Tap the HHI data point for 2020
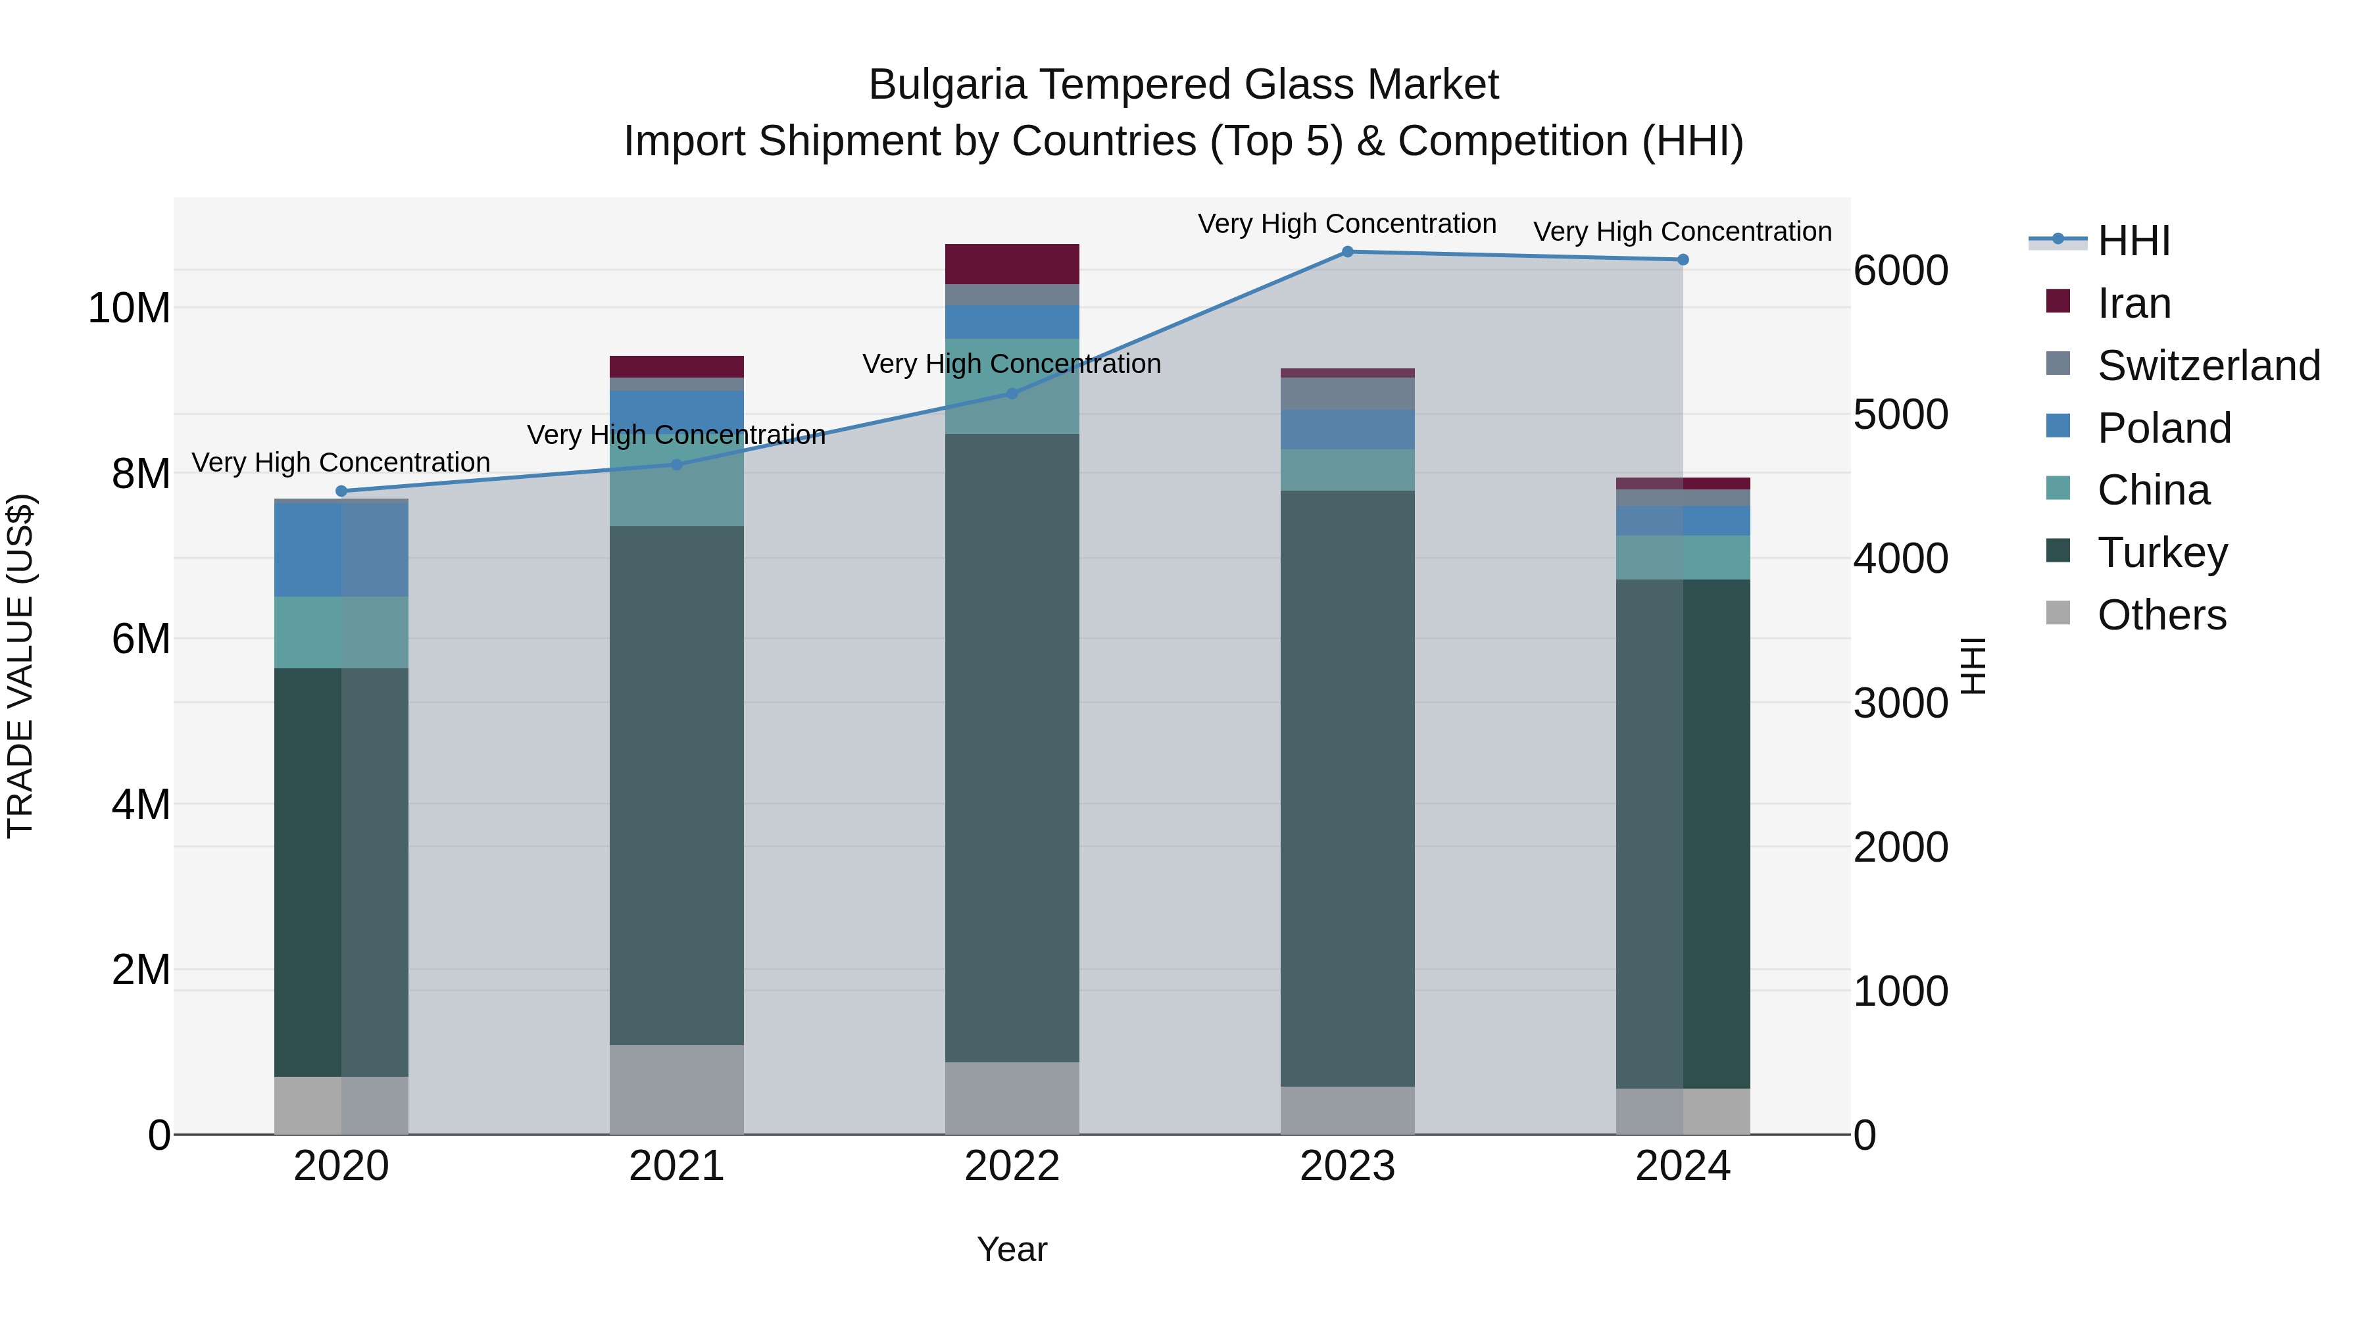(341, 491)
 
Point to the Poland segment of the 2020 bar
(341, 550)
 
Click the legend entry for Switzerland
(2208, 366)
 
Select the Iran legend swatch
(2058, 301)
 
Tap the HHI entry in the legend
(2133, 241)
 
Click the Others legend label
(2161, 615)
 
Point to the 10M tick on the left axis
(129, 308)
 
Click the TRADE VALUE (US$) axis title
(20, 666)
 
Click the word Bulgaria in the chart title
(946, 85)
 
